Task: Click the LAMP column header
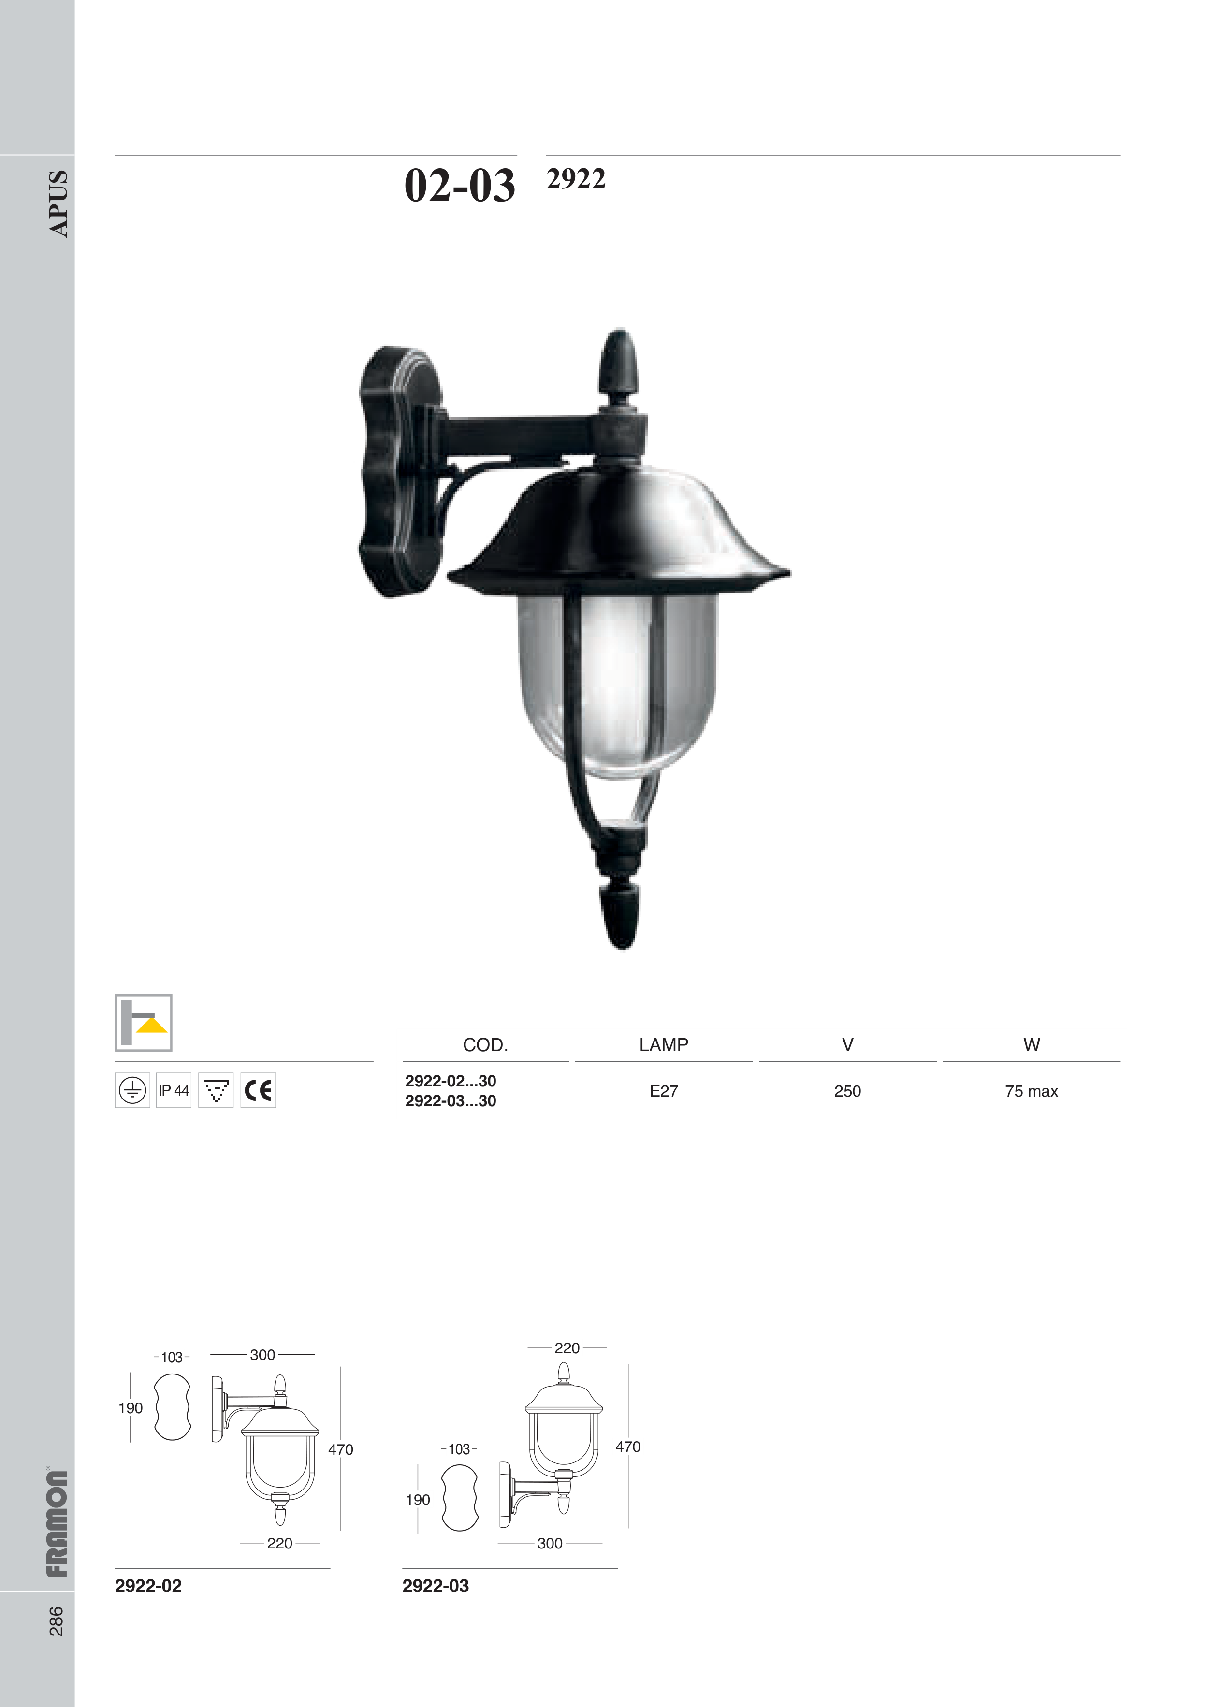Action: [x=663, y=1044]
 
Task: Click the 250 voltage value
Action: [x=847, y=1091]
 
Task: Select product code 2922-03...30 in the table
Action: [x=451, y=1101]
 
